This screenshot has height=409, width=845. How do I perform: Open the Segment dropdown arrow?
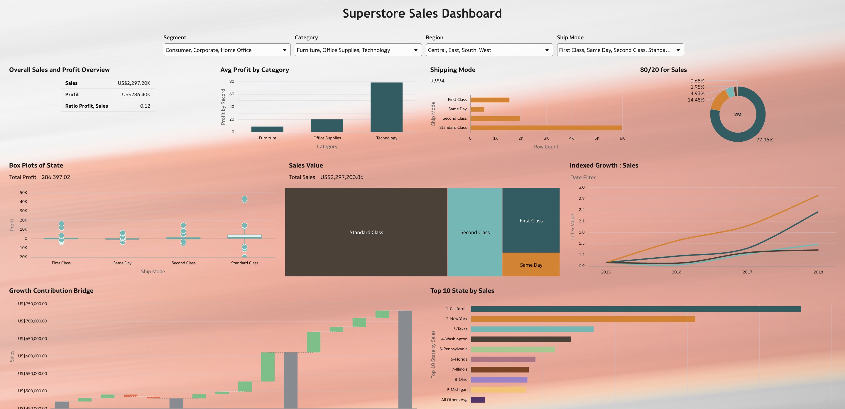click(284, 50)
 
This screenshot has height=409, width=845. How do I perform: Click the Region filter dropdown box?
click(489, 50)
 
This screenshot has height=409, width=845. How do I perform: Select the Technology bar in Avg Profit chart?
click(386, 107)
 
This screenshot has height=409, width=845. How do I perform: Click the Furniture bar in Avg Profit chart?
click(267, 129)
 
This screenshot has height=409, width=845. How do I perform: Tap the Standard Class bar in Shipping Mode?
click(546, 128)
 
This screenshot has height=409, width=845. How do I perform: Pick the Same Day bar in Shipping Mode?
click(477, 109)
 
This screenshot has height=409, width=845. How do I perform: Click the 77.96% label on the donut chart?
click(765, 140)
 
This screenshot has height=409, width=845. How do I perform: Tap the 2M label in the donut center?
click(738, 114)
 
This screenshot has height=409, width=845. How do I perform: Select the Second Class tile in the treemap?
click(475, 232)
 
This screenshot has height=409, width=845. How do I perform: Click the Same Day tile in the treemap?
click(531, 265)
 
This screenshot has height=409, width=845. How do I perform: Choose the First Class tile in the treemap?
click(531, 220)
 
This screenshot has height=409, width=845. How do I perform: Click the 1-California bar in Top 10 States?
click(636, 309)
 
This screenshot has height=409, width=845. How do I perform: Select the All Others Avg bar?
click(478, 400)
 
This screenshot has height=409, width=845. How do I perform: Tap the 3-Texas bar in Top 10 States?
click(532, 329)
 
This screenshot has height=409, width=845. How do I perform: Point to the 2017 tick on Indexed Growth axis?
click(747, 272)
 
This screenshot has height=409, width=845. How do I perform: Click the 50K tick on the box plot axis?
click(23, 192)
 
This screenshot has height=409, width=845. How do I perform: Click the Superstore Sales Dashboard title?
click(422, 13)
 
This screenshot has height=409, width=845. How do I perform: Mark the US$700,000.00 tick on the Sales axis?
click(33, 321)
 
